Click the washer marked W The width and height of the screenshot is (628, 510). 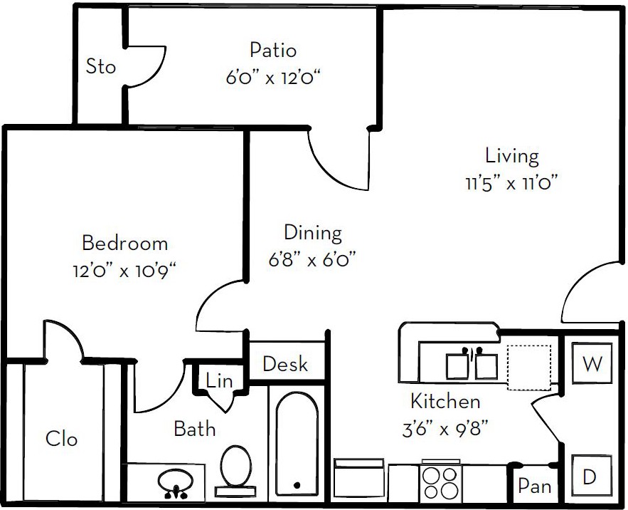(x=592, y=363)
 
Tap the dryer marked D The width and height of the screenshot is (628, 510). (x=591, y=476)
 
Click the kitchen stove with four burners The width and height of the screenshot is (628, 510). (x=441, y=482)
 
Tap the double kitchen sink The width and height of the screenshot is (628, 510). (x=472, y=364)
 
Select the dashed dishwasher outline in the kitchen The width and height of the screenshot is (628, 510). (x=528, y=368)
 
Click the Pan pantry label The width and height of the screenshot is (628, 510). (x=534, y=486)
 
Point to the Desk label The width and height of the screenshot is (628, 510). (x=285, y=364)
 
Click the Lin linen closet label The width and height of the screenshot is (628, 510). (x=219, y=380)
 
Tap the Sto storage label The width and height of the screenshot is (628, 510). (x=101, y=66)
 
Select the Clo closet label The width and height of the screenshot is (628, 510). (x=61, y=438)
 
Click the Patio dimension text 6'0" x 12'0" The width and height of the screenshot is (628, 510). (x=274, y=77)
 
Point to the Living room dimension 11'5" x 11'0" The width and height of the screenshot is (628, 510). (x=511, y=184)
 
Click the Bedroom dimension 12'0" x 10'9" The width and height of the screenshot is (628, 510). (x=124, y=271)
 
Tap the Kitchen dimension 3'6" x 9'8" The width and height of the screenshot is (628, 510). (x=445, y=430)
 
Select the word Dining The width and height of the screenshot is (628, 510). (x=313, y=234)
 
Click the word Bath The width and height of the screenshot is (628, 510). (x=195, y=429)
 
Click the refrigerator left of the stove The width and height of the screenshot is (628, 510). (x=359, y=480)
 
